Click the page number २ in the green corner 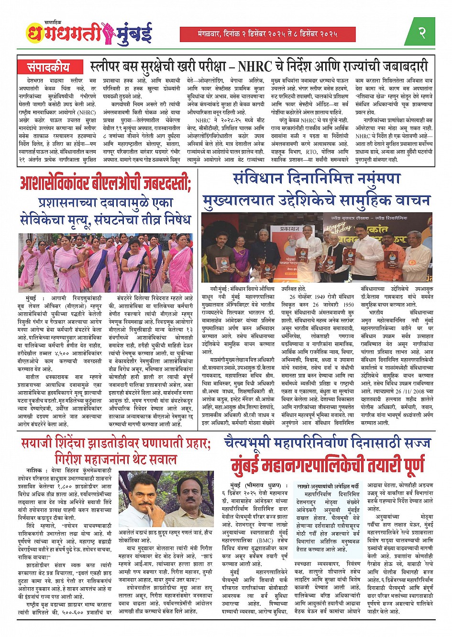click(422, 33)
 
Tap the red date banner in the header click(268, 34)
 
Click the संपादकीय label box click(48, 66)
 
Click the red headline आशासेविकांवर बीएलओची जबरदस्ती click(105, 184)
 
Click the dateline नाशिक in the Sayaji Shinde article click(35, 471)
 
